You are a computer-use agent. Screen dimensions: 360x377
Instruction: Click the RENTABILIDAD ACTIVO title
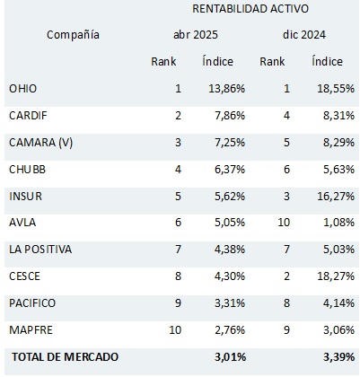tap(250, 9)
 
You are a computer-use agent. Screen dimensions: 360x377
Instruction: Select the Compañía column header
tap(73, 35)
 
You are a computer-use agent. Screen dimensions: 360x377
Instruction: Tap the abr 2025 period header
tap(196, 35)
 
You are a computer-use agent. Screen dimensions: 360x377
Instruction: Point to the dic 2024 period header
tap(304, 35)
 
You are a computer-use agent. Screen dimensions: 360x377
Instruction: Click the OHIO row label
tap(23, 89)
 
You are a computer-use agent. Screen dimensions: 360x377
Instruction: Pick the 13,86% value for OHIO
tap(227, 89)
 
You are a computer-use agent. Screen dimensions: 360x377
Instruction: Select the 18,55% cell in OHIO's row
tap(336, 89)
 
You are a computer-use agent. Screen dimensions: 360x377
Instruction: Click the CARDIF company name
tap(28, 116)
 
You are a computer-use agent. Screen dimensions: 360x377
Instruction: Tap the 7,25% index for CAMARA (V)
tap(230, 143)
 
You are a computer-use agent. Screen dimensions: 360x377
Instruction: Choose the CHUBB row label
tap(27, 170)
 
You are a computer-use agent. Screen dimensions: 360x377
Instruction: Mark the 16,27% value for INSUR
tap(336, 197)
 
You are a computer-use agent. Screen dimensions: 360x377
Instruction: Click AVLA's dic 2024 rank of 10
tap(284, 223)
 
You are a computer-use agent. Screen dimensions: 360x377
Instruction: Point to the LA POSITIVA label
tap(40, 250)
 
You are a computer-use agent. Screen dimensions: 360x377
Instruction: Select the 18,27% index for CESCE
tap(336, 276)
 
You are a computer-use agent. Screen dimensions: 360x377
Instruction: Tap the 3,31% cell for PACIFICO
tap(230, 303)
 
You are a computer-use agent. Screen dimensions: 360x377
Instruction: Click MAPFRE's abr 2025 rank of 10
tap(175, 330)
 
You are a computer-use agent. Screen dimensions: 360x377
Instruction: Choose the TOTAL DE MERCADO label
tap(66, 357)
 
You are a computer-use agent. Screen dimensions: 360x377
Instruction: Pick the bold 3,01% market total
tap(231, 357)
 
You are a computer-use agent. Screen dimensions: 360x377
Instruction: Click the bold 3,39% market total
tap(339, 357)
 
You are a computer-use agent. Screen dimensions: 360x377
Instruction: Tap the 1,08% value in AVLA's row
tap(339, 223)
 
